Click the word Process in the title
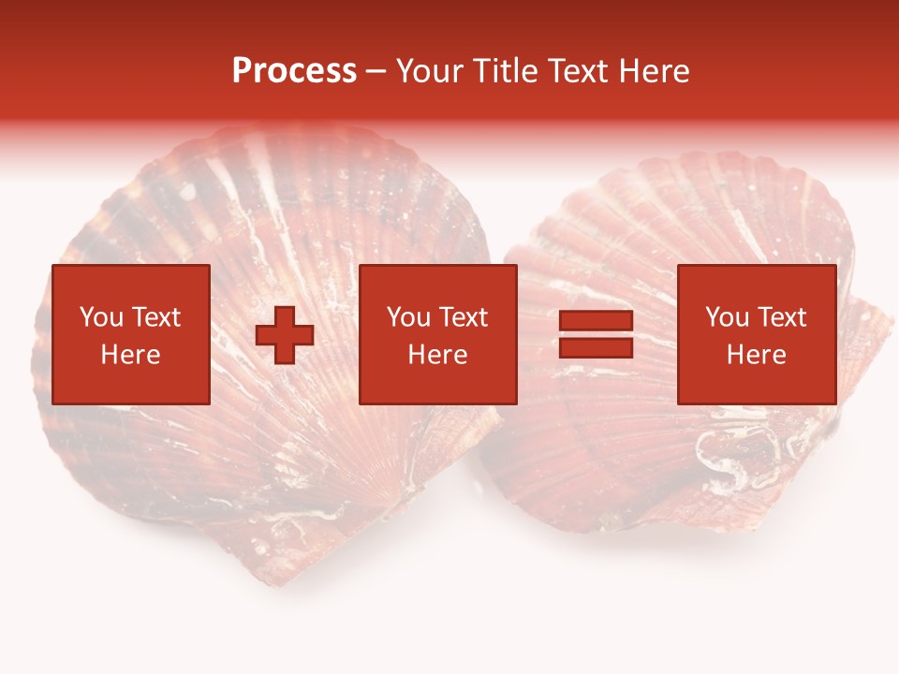(294, 71)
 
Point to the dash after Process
(376, 72)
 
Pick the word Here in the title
(656, 71)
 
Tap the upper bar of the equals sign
(596, 322)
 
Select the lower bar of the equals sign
(596, 347)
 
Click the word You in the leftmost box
(100, 317)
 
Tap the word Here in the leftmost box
(130, 355)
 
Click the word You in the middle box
(408, 317)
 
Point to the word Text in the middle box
(462, 317)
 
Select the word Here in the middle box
(438, 355)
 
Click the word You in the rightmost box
(727, 317)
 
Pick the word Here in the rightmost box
(756, 355)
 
